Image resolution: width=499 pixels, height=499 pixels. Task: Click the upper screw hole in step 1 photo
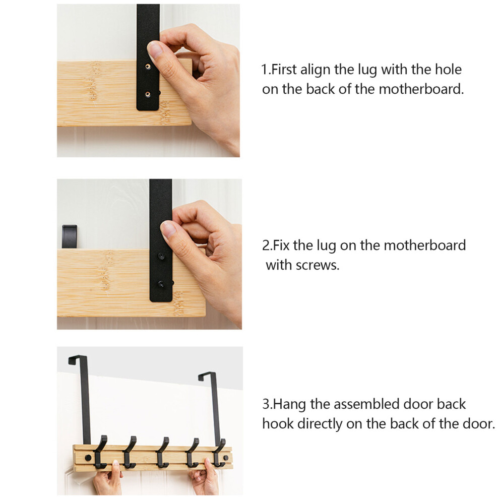click(148, 67)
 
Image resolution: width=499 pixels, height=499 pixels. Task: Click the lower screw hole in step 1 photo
click(148, 94)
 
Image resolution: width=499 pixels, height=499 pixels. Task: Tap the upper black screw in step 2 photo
click(161, 256)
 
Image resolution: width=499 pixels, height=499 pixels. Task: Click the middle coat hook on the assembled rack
click(162, 452)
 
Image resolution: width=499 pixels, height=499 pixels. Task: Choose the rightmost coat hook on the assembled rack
click(219, 453)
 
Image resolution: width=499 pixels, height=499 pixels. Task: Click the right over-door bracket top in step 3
click(207, 375)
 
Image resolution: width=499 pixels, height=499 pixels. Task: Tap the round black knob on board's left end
click(88, 458)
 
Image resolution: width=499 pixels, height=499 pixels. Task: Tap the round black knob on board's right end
click(226, 458)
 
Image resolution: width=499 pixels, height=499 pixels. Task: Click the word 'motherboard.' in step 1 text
click(421, 89)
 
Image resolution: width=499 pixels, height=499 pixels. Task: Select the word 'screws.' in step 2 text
click(318, 265)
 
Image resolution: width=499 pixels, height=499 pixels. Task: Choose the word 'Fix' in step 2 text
click(281, 245)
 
